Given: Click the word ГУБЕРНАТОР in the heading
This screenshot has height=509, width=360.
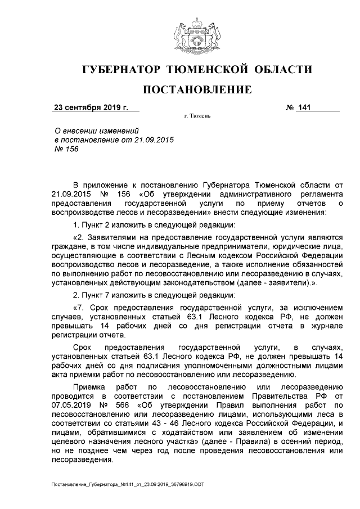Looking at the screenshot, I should point(121,70).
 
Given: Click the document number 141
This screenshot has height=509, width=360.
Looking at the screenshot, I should point(305,107).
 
